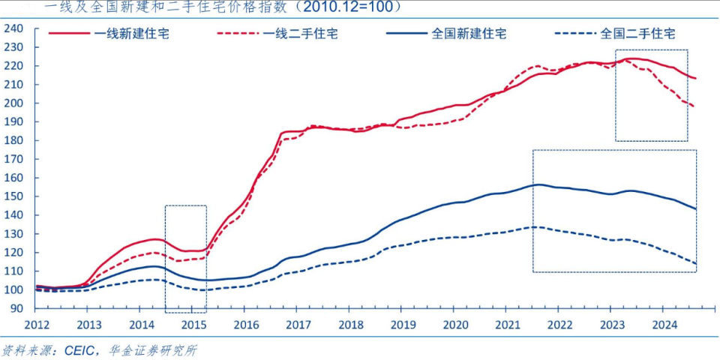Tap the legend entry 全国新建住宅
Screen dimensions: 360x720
coord(469,34)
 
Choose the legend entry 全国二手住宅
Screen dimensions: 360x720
coord(638,34)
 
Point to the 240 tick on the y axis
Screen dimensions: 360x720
coord(14,28)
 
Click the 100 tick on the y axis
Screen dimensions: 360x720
coord(14,289)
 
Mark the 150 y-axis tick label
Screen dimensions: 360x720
coord(14,196)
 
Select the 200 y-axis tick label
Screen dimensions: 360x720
coord(14,103)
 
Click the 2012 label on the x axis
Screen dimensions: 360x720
coord(37,325)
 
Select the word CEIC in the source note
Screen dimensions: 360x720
coord(80,350)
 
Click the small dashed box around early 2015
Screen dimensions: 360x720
coord(185,259)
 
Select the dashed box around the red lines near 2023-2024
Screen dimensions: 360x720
coord(651,95)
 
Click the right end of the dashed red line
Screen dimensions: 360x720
coord(694,106)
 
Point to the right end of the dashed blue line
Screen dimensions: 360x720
coord(696,264)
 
